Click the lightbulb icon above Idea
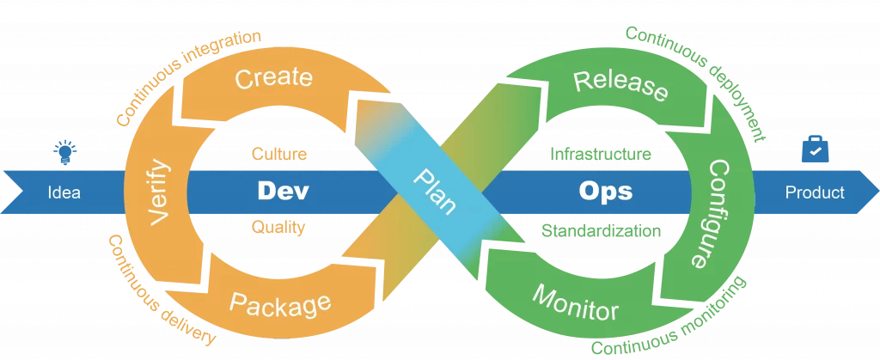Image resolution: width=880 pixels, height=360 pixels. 65,153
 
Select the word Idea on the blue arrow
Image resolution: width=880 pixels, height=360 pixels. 64,193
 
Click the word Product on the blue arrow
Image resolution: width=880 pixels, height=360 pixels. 815,193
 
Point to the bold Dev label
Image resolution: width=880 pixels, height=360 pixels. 283,192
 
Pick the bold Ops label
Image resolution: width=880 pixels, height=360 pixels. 606,192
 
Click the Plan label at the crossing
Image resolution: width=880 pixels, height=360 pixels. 434,192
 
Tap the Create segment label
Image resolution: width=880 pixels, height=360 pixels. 273,78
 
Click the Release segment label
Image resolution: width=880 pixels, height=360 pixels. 621,85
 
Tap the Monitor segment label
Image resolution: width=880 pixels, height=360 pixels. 575,302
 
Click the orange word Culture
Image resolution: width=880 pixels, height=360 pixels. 279,154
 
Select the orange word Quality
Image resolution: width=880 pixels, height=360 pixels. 278,227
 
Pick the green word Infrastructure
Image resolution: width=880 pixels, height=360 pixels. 601,154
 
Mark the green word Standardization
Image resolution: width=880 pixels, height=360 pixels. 601,230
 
